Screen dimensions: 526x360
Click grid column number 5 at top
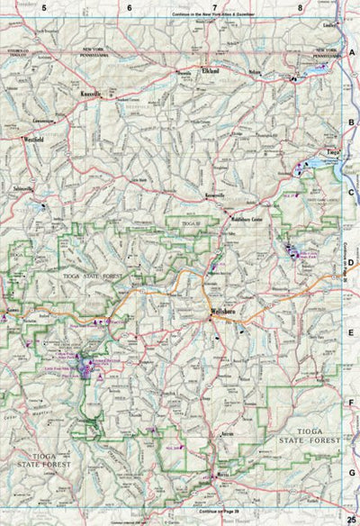click(42, 8)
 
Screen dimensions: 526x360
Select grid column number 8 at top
click(300, 8)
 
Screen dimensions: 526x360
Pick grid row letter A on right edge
click(351, 53)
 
